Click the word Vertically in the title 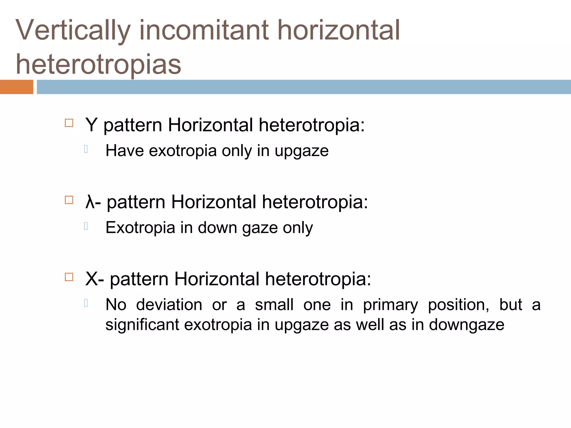coord(73,31)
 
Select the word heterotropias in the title coord(98,65)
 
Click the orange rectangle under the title coord(16,87)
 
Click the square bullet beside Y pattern coord(69,123)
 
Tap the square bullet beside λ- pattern coord(69,200)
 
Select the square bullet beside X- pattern coord(69,277)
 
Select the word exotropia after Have coord(183,151)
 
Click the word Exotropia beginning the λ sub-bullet coord(140,228)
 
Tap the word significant coord(142,325)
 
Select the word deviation coord(169,305)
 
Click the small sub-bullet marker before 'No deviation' coord(86,303)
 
